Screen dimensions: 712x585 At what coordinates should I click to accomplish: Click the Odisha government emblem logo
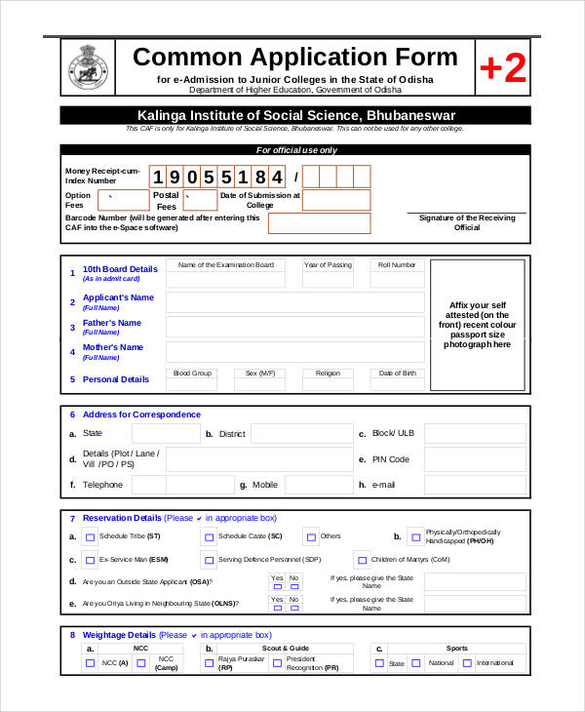pos(88,67)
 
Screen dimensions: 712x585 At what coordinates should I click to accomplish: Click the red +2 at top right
pos(502,68)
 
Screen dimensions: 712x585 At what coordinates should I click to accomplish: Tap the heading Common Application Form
pos(294,57)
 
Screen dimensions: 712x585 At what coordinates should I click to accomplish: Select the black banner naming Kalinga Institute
pos(295,115)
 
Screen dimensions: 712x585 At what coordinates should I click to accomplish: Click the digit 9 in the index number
pos(178,177)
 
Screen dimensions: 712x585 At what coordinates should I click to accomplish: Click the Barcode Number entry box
pos(320,223)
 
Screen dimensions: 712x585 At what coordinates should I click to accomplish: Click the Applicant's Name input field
pos(294,302)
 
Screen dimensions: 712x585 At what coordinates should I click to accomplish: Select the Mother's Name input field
pos(294,352)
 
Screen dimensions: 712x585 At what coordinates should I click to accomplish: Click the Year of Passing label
pos(328,264)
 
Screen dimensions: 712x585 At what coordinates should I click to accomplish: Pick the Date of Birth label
pos(397,373)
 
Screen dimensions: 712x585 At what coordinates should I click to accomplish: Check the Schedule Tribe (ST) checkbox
pos(91,537)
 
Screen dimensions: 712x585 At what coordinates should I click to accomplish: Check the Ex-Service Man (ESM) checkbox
pos(91,561)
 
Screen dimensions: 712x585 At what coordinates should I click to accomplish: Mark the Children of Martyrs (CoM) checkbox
pos(362,560)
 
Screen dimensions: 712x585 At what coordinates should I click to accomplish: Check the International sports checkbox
pos(467,663)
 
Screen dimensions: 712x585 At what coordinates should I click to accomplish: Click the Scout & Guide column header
pos(285,648)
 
